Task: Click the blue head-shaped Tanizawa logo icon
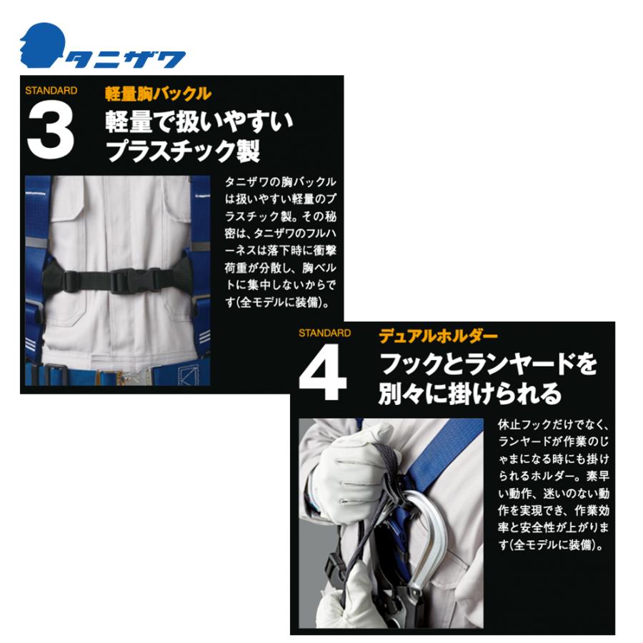[x=41, y=45]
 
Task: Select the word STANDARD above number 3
[x=51, y=91]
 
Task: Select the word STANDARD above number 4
[x=324, y=334]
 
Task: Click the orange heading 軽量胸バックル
[x=158, y=94]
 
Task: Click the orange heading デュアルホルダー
[x=438, y=337]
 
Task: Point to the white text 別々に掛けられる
[x=469, y=392]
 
